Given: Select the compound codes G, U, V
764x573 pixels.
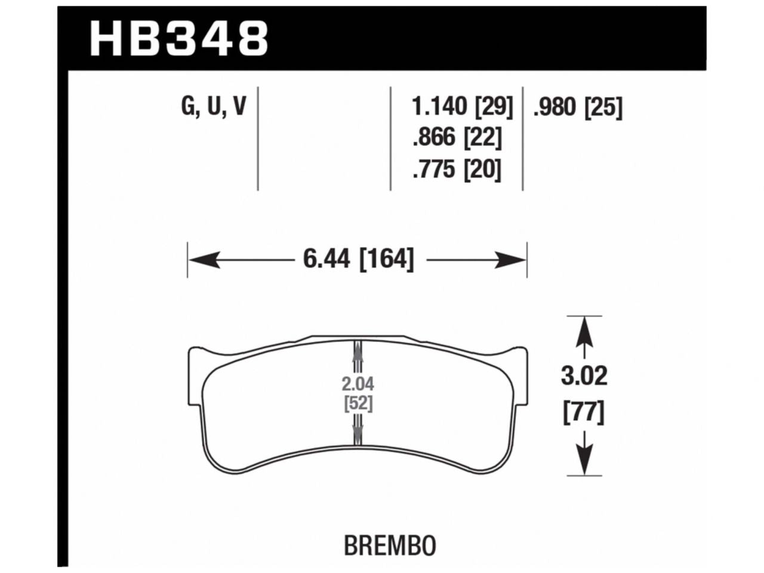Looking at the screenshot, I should click(213, 107).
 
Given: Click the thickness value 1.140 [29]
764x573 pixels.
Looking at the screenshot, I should click(462, 107).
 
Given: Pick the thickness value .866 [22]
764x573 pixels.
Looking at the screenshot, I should click(457, 138).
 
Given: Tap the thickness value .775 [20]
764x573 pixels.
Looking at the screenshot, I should click(457, 170).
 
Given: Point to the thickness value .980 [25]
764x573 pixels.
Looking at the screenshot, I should click(577, 107).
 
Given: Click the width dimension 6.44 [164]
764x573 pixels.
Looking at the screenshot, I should click(358, 260).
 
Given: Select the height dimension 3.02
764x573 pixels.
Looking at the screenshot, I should click(584, 376).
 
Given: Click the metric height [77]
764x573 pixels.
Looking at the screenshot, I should click(584, 412).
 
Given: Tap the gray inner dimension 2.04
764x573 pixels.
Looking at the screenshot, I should click(358, 384).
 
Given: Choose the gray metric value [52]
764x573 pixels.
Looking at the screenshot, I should click(358, 403).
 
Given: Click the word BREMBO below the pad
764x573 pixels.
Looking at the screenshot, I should click(390, 546).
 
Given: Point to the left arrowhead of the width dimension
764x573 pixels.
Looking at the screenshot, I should click(201, 260).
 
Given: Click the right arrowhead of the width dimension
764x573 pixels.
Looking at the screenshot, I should click(513, 260).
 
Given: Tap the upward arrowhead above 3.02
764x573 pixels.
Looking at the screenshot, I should click(584, 329).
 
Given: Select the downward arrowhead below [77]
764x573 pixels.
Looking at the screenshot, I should click(584, 461).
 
